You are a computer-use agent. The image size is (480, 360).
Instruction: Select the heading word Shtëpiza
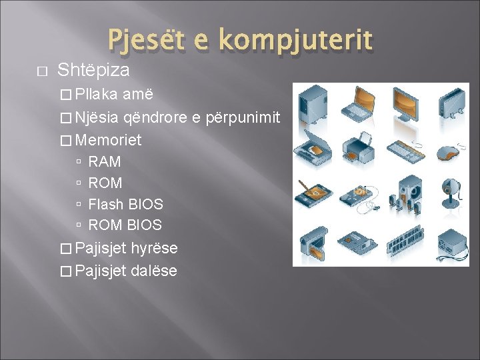[93, 70]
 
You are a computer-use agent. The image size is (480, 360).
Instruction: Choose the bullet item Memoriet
[109, 140]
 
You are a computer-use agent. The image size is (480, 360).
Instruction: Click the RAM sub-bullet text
[105, 161]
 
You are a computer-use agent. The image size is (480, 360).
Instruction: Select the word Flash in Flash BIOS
[107, 204]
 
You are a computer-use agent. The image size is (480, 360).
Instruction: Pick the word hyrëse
[155, 248]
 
